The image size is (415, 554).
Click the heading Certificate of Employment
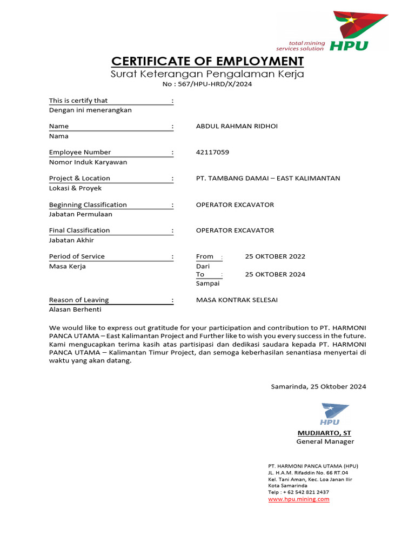[x=207, y=61]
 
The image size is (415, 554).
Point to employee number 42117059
[x=212, y=152]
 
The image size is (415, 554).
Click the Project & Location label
[x=79, y=178]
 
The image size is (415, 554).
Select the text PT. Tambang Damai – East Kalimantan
[x=268, y=178]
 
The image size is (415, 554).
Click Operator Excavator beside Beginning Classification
[x=235, y=205]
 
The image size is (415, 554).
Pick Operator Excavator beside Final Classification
[x=235, y=230]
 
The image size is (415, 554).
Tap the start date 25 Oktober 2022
[x=275, y=256]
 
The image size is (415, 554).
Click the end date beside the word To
[x=275, y=274]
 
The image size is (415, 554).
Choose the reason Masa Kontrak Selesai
[x=237, y=300]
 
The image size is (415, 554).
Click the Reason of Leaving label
[x=79, y=300]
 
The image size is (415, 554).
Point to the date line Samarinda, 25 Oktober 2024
[x=318, y=386]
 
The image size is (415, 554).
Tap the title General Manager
[x=325, y=441]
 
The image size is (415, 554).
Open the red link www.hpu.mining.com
[x=299, y=499]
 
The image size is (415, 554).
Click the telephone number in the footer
[x=298, y=492]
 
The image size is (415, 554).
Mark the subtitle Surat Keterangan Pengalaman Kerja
[x=207, y=74]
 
